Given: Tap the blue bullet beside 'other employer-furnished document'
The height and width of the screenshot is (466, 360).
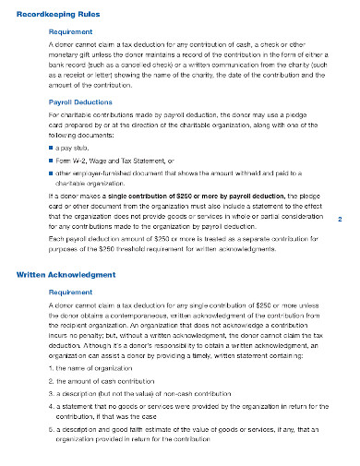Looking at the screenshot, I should click(x=50, y=172).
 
